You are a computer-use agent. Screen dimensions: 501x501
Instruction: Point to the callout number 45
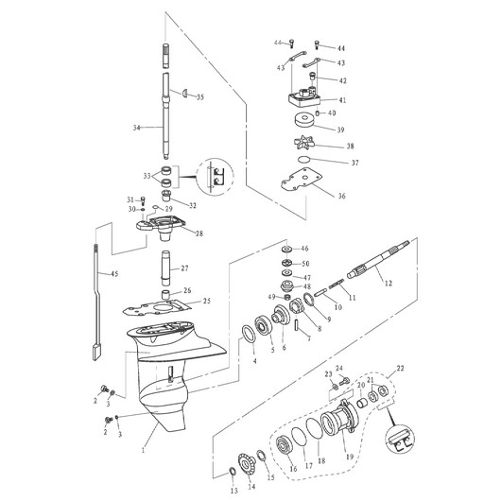click(x=114, y=274)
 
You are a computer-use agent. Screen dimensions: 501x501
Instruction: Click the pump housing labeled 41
click(x=302, y=98)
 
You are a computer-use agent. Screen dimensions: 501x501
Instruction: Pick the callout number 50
click(x=304, y=263)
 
